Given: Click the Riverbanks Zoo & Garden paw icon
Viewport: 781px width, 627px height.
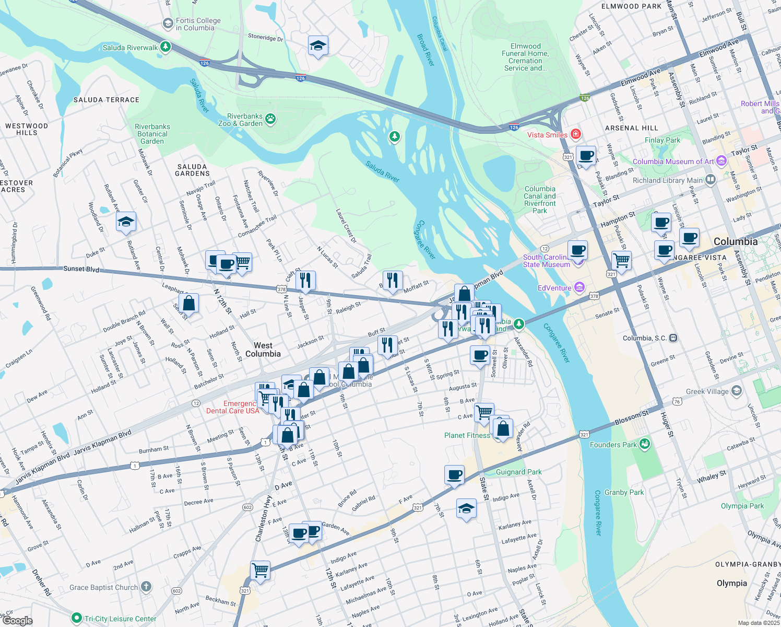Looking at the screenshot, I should pos(270,119).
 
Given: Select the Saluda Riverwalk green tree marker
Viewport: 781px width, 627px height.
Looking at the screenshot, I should pos(165,47).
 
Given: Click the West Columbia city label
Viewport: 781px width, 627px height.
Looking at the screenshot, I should pos(263,350).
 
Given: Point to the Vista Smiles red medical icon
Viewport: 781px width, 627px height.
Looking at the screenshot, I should pos(575,134).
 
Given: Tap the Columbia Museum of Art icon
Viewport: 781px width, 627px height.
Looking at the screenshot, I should pos(721,161).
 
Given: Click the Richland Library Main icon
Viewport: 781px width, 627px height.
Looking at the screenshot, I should pos(710,180).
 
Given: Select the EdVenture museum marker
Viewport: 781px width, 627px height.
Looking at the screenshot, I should pos(579,287).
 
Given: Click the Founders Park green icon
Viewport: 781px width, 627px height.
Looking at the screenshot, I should pos(645,444).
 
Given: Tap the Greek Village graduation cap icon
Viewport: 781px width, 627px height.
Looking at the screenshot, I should pos(736,391).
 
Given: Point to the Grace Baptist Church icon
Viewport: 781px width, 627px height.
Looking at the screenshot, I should pos(146,587).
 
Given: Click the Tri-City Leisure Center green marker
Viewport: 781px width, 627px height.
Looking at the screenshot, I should pos(77,618).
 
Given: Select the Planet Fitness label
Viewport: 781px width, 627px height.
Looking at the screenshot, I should pos(467,435).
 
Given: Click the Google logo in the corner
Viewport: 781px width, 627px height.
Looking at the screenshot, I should pos(17,620).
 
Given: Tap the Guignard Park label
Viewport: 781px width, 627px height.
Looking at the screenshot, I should pos(518,472).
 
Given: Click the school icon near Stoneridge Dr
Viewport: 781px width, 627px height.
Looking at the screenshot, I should pos(318,46).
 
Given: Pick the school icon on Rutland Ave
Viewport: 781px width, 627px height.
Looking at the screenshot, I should pos(126,223).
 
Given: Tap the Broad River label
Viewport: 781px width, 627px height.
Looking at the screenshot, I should pos(425,50).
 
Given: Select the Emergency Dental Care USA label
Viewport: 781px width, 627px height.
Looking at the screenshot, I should pos(233,407).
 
